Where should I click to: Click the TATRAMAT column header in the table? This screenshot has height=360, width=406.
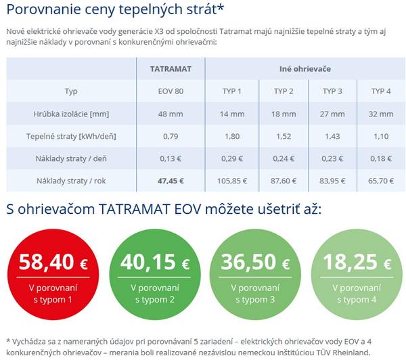point(171,69)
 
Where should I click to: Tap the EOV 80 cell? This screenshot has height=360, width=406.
point(171,91)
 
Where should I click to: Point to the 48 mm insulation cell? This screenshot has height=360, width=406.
point(171,114)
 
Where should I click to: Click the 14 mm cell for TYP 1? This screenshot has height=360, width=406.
point(232,114)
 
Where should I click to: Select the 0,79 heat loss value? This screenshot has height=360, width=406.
point(171,136)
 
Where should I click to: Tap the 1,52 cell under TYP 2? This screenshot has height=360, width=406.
point(284,136)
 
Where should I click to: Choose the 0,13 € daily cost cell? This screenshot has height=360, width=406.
point(171,158)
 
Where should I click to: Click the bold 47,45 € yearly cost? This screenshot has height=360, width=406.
point(171,181)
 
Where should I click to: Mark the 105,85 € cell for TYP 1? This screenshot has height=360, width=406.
point(232,181)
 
